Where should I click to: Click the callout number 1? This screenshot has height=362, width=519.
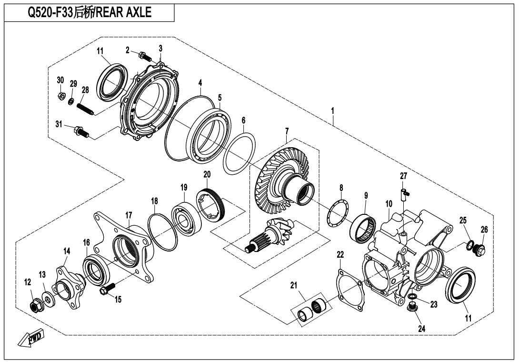pos(333,111)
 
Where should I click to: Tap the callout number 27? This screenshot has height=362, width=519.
pos(403,176)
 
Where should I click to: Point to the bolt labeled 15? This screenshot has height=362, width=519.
pos(108,289)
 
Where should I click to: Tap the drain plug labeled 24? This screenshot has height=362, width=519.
pos(412,307)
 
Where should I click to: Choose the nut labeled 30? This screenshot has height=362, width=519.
pos(61,95)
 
